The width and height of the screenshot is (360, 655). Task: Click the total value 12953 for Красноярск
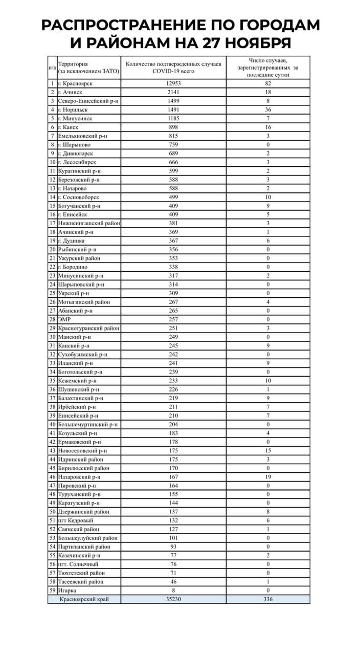pyautogui.click(x=174, y=83)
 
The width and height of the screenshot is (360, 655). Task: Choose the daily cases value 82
pyautogui.click(x=267, y=83)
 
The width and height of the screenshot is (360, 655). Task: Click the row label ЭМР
pyautogui.click(x=65, y=319)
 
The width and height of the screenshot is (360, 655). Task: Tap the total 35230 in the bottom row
pyautogui.click(x=174, y=599)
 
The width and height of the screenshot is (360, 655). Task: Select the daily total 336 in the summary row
pyautogui.click(x=267, y=599)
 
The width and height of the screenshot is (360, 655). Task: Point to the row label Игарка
pyautogui.click(x=69, y=590)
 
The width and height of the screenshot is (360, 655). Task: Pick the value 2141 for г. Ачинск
pyautogui.click(x=174, y=92)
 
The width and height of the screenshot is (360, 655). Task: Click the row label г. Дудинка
pyautogui.click(x=75, y=241)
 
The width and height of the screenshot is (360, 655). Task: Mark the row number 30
pyautogui.click(x=52, y=337)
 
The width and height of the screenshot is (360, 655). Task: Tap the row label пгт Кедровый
pyautogui.click(x=76, y=520)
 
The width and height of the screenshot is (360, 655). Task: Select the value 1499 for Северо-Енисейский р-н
pyautogui.click(x=174, y=101)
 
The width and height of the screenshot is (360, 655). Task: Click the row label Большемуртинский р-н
pyautogui.click(x=88, y=424)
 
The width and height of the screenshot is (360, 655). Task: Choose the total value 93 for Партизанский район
pyautogui.click(x=174, y=547)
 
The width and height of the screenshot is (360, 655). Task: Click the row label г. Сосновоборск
pyautogui.click(x=79, y=197)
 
